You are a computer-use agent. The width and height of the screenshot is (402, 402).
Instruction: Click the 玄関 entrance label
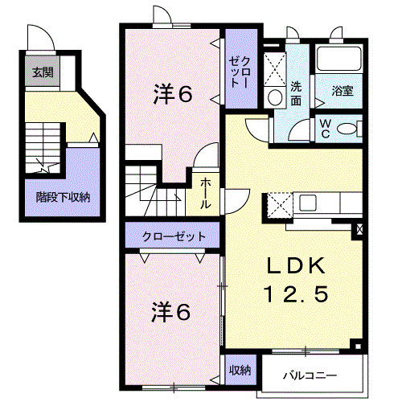(x=43, y=72)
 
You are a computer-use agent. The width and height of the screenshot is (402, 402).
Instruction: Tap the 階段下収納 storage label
(x=63, y=198)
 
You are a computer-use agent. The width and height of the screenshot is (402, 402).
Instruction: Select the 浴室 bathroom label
(x=343, y=91)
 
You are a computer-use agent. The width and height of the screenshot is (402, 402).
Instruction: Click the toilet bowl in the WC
(x=347, y=129)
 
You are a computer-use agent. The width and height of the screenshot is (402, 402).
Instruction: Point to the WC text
(x=326, y=129)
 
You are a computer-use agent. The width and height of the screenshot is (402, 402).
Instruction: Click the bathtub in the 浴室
(x=338, y=59)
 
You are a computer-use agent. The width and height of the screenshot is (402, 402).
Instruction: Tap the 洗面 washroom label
(x=296, y=93)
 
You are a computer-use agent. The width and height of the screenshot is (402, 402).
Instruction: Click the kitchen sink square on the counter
(x=308, y=203)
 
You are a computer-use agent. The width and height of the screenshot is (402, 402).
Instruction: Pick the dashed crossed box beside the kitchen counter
(x=280, y=205)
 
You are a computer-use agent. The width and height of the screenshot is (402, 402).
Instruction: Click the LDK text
(x=296, y=265)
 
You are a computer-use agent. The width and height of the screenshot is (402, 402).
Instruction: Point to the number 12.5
(x=296, y=293)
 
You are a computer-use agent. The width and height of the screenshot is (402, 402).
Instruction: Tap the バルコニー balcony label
(x=310, y=375)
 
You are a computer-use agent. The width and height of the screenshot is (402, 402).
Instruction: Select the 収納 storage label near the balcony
(x=240, y=370)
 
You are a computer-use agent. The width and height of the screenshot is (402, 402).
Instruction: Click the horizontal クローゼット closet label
(x=174, y=236)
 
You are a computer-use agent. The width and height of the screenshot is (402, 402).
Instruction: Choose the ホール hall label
(x=206, y=193)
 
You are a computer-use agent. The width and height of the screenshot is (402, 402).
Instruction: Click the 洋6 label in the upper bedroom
(x=173, y=93)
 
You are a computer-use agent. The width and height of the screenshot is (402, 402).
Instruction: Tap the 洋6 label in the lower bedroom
(x=171, y=312)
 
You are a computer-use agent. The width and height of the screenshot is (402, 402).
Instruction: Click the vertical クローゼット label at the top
(x=240, y=72)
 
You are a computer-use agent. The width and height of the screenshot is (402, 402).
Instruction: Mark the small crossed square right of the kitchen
(x=359, y=229)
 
